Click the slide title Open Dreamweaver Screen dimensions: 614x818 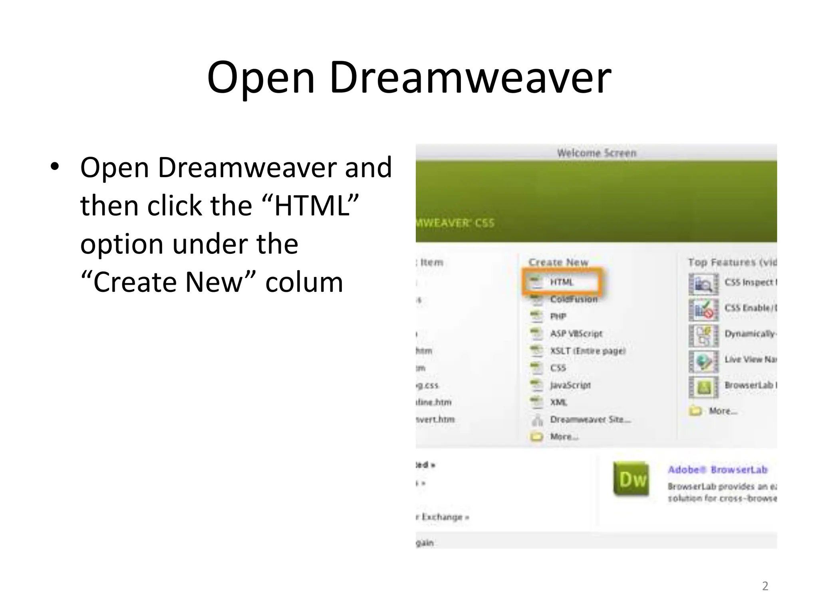(x=409, y=78)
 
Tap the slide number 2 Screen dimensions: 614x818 (x=765, y=586)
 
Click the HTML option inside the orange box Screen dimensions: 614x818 (x=561, y=282)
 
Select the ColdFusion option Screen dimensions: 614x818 (x=573, y=299)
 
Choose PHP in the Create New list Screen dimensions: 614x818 (x=558, y=317)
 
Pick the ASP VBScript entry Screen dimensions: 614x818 (x=576, y=334)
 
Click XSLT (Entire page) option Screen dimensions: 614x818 (x=587, y=351)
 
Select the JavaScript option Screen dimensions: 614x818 (x=570, y=385)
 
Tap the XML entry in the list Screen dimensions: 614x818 (x=558, y=402)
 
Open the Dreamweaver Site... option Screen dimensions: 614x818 (x=590, y=419)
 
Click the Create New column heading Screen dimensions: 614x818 (x=558, y=262)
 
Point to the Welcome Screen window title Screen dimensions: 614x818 (x=596, y=153)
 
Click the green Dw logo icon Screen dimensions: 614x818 (x=631, y=479)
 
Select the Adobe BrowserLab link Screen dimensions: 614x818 (x=717, y=470)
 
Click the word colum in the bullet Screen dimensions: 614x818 (x=304, y=282)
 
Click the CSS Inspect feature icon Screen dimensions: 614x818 (x=703, y=284)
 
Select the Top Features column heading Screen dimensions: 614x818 (x=732, y=262)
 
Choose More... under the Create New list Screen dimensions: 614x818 (x=564, y=437)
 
